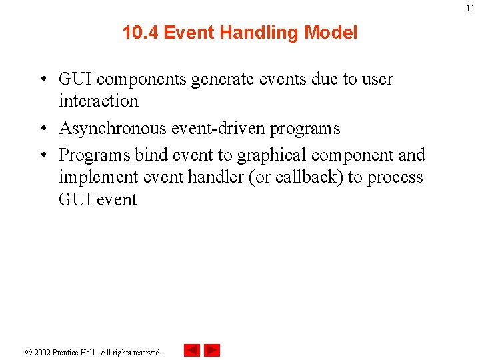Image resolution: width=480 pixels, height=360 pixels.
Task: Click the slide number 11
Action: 470,8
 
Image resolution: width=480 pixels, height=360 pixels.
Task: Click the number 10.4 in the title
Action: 141,33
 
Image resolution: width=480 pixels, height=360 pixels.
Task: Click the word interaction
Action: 99,101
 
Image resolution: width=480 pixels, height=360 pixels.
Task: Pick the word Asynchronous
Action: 111,128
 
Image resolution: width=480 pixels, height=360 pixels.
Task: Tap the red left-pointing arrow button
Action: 191,350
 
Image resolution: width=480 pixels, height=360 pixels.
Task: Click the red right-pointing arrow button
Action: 212,350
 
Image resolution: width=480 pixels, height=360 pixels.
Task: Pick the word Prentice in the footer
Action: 70,352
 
